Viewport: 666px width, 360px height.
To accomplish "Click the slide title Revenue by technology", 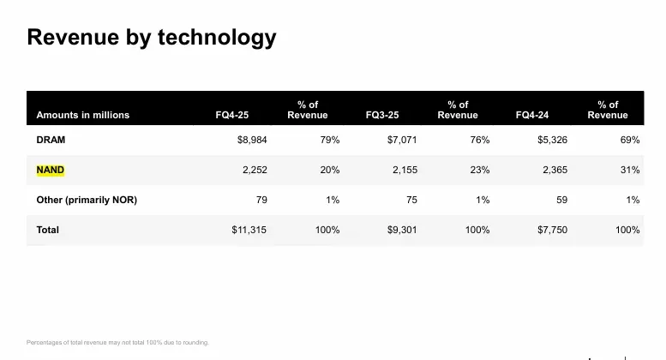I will (x=152, y=38).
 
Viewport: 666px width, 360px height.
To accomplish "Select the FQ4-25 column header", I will (x=231, y=115).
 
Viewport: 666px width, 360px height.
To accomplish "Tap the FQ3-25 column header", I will (x=381, y=115).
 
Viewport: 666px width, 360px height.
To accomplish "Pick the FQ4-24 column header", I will (x=532, y=115).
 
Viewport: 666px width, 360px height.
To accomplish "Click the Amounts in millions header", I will (x=83, y=115).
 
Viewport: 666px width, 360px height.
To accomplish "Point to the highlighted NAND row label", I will (x=51, y=170).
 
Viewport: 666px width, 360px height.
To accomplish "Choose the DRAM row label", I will (x=51, y=140).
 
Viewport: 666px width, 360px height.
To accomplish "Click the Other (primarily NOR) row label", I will (x=87, y=200).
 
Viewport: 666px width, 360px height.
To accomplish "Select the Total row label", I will (x=48, y=230).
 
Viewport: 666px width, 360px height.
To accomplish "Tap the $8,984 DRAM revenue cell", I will (x=252, y=140).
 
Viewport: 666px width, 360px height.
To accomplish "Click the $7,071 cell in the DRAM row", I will (x=402, y=140).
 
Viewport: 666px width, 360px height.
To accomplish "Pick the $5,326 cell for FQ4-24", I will (x=552, y=140).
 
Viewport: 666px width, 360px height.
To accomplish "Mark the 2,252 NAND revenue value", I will (x=255, y=170).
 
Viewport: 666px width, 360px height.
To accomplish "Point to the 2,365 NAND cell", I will (x=555, y=170).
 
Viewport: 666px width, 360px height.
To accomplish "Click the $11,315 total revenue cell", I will (x=249, y=230).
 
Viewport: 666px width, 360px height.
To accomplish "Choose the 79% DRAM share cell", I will (x=330, y=140).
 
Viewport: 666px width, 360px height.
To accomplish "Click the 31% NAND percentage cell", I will (x=630, y=170).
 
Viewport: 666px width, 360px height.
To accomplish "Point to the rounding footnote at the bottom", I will (x=117, y=343).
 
